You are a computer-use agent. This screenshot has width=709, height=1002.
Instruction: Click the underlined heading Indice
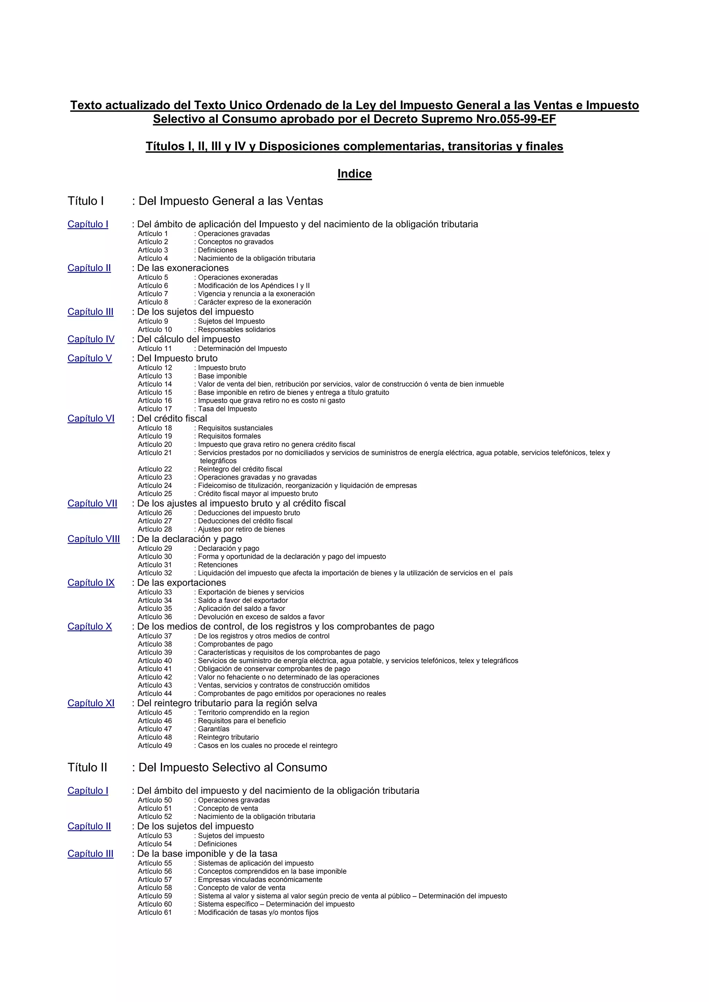[354, 174]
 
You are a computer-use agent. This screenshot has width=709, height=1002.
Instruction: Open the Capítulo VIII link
[93, 539]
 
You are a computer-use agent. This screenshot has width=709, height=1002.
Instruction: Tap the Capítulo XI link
[91, 703]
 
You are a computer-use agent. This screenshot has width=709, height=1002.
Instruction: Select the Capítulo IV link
[91, 339]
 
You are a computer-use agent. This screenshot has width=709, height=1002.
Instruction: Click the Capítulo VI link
[91, 418]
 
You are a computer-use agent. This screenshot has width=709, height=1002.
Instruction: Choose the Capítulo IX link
[91, 583]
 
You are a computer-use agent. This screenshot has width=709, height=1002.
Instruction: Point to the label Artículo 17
[155, 409]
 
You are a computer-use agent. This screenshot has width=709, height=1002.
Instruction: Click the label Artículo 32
[155, 573]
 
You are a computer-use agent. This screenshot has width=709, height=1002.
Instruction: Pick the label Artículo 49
[155, 745]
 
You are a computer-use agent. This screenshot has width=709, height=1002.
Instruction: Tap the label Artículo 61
[155, 912]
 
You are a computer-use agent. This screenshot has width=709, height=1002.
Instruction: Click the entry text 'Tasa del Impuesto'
[227, 409]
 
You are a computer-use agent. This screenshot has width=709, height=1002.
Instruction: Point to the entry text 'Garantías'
[213, 729]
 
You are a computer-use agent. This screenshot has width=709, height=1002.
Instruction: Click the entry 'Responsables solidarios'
[236, 330]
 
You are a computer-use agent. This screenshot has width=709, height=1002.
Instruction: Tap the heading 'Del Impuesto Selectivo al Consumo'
[232, 768]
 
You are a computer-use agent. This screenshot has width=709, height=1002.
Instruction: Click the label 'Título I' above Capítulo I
[86, 201]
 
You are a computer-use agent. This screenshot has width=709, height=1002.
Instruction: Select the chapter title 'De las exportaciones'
[181, 583]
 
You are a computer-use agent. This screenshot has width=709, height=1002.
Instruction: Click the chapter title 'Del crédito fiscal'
[172, 418]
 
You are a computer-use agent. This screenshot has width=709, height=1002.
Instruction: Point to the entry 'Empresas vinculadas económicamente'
[260, 879]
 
